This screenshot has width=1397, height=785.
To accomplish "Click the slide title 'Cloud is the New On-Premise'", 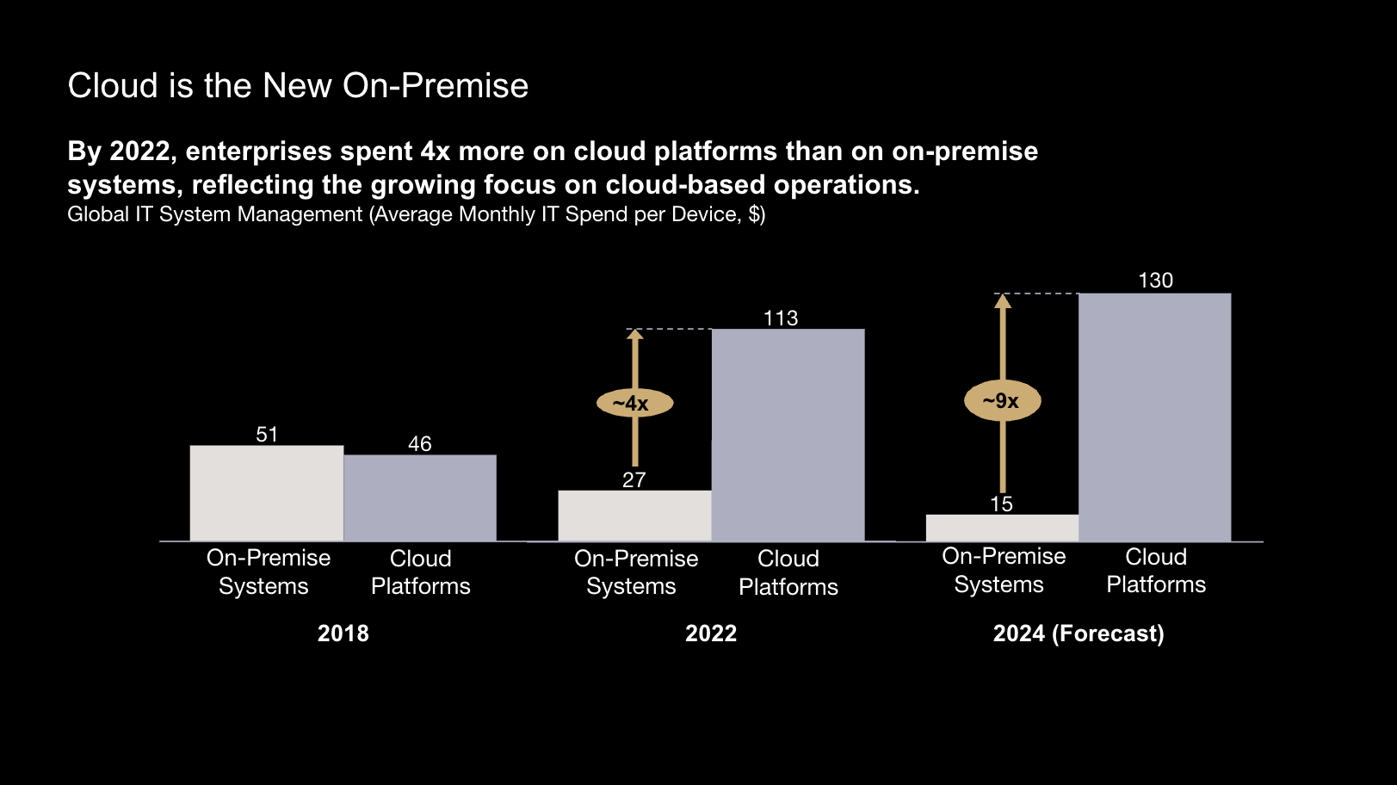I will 298,86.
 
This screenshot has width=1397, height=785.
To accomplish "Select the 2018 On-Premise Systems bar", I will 267,493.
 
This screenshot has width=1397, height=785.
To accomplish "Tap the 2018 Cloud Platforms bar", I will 420,498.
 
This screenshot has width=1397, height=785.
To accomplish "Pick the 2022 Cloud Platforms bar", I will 788,435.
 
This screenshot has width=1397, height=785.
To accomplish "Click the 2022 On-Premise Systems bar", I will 634,516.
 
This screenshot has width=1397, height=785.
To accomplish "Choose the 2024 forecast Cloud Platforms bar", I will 1154,417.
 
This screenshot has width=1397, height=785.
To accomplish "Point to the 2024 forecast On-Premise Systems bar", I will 1002,528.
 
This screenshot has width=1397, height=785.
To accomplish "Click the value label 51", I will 267,435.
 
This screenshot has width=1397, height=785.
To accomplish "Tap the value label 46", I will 420,444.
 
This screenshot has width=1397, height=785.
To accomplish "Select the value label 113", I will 781,318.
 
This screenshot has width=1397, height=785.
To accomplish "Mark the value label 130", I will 1155,281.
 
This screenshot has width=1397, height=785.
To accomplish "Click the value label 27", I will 634,480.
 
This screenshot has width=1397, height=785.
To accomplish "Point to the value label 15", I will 1001,504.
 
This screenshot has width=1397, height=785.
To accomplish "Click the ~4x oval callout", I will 634,403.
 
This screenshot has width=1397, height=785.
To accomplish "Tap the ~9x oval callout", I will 1002,401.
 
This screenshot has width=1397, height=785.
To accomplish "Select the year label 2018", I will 343,634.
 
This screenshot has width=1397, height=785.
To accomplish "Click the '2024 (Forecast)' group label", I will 1078,634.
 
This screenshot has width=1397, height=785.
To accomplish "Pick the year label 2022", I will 710,634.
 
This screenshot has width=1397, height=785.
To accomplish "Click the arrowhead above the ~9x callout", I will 1002,301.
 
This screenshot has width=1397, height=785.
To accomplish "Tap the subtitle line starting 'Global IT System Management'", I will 416,214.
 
